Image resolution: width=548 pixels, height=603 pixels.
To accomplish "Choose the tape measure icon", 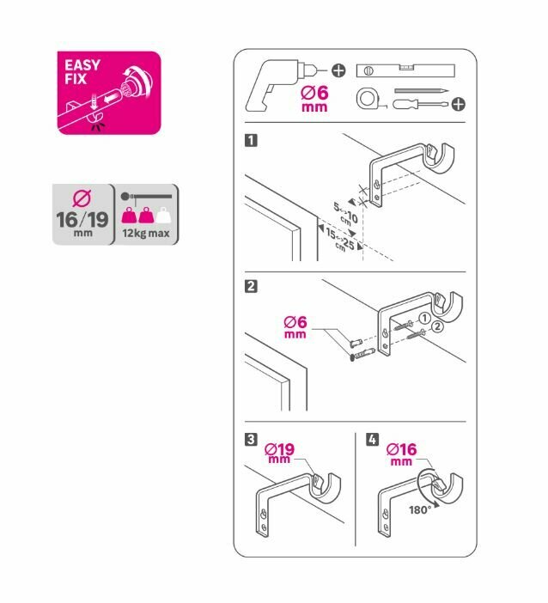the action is point(368,101).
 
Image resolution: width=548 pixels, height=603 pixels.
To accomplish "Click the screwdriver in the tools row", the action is point(420,104).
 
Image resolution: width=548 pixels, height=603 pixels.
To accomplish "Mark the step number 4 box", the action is point(371,440).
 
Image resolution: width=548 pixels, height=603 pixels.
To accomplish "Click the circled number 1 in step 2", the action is point(423,319).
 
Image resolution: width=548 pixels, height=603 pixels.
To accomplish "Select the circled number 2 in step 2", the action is point(437,328).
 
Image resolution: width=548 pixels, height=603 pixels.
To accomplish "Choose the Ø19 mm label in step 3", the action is point(279,452).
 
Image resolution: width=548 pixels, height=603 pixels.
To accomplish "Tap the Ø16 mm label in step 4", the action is point(401,452).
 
